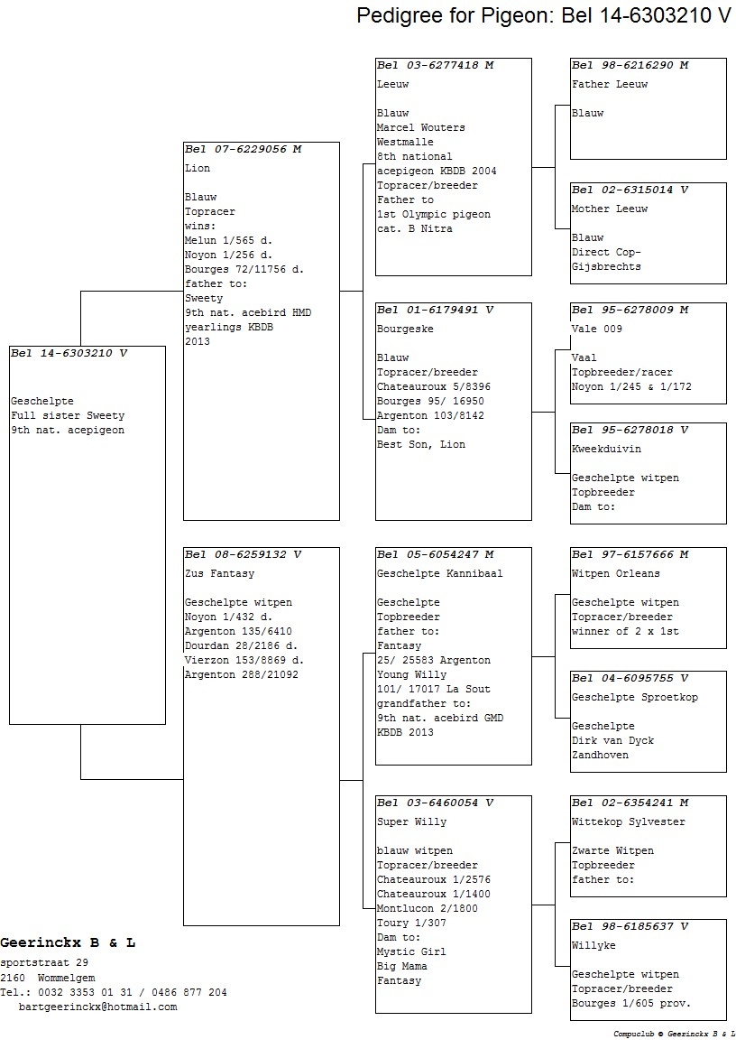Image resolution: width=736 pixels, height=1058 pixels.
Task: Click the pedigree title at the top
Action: point(543,14)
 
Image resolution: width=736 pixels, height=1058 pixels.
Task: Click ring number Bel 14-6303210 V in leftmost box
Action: point(69,353)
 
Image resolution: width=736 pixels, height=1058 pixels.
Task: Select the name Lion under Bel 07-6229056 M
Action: point(198,168)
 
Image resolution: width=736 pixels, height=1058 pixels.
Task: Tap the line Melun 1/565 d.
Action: point(228,240)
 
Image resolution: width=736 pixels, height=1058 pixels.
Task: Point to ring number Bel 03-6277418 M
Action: point(436,65)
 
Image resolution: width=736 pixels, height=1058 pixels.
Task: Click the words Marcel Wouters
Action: point(420,127)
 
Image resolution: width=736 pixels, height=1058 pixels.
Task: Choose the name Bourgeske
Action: point(405,329)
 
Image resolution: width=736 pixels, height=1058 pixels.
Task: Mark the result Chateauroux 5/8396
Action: point(433,386)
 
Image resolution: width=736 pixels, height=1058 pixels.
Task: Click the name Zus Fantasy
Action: point(220,573)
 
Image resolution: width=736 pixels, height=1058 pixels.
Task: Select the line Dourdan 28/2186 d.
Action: point(241,645)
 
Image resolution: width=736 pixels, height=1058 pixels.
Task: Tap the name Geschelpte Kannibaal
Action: point(439,573)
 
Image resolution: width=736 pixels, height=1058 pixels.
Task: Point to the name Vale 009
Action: point(596,329)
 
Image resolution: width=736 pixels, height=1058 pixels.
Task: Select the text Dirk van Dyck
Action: point(612,740)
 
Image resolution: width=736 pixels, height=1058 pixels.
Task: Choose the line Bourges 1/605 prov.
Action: point(630,1003)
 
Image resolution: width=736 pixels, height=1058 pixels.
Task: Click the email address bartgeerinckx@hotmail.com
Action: point(97,1007)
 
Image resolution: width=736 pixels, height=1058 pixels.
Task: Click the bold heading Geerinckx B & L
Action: point(68,942)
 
